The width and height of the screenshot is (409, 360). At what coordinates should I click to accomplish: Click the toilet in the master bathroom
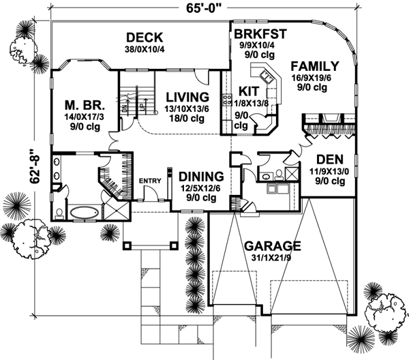60,213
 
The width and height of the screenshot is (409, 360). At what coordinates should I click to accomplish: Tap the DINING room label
199,175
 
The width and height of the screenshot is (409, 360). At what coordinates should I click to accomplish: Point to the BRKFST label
259,34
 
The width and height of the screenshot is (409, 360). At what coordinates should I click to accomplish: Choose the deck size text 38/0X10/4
144,49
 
